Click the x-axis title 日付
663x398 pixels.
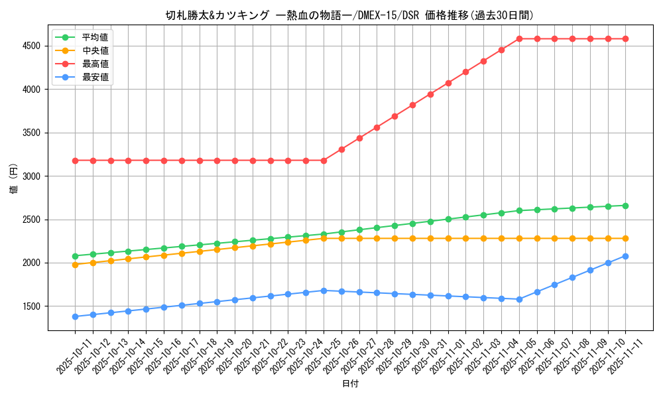tap(350, 384)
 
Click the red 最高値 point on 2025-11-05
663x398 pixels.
tap(519, 38)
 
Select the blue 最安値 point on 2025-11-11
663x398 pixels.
tap(625, 256)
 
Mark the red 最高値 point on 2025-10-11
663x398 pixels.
tap(75, 161)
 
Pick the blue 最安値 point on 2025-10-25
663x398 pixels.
tap(324, 291)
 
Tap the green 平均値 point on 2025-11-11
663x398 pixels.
tap(625, 206)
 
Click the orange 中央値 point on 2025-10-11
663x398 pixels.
tap(75, 265)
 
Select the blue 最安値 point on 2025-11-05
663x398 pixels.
tap(519, 299)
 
